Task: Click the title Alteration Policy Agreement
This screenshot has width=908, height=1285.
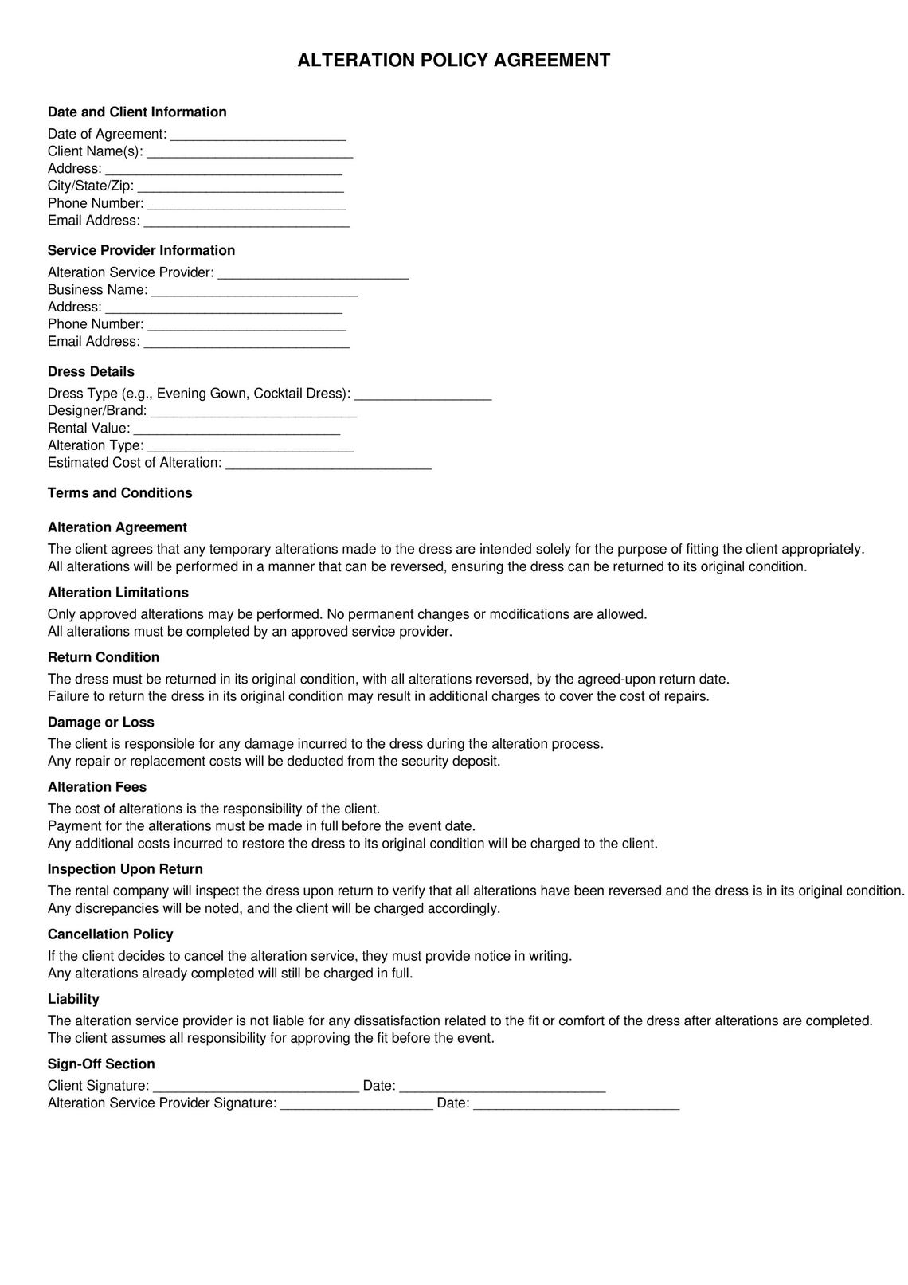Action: click(453, 61)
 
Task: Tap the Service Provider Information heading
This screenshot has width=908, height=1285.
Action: click(141, 250)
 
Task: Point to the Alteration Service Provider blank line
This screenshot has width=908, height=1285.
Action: click(313, 273)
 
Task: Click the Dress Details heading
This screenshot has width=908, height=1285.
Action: click(91, 371)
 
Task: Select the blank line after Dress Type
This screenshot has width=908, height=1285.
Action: click(422, 394)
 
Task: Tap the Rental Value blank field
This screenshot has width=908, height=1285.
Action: click(237, 429)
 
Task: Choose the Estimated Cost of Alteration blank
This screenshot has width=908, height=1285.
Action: click(328, 463)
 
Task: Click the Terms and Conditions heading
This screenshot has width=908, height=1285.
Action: click(119, 493)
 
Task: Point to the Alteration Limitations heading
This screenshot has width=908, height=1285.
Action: click(118, 593)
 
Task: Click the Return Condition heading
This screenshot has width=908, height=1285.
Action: click(104, 657)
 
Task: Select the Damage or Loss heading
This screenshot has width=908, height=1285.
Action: click(101, 723)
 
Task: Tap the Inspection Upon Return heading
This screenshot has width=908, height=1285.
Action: click(125, 869)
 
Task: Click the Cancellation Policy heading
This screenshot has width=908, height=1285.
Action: click(110, 934)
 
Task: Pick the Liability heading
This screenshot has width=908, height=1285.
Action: click(73, 999)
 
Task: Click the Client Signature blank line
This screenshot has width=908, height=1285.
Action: click(256, 1086)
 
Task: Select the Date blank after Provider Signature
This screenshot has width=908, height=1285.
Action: click(576, 1103)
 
